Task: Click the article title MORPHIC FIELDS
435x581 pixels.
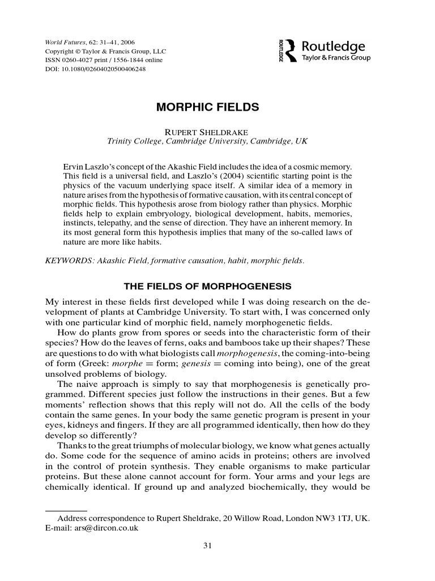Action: [207, 107]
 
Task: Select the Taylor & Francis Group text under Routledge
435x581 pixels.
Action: [336, 58]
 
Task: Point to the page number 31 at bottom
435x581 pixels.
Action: [207, 546]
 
